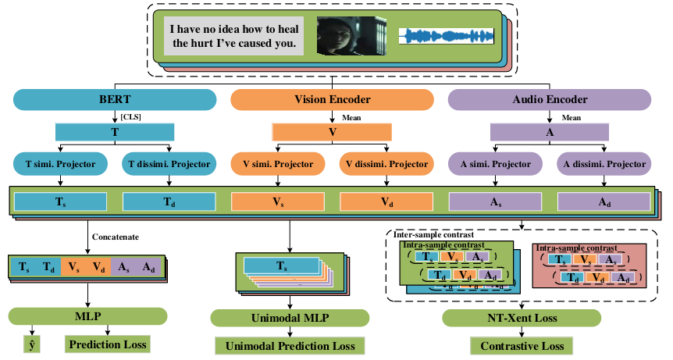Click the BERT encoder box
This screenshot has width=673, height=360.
coord(115,100)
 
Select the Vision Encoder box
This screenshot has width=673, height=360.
coord(332,100)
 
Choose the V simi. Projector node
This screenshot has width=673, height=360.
coord(278,165)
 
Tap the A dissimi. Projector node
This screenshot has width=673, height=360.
coord(604,165)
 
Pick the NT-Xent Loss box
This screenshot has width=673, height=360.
coord(522,318)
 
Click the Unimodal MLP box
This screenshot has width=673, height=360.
coord(290,318)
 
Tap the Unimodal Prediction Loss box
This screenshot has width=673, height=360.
coord(290,346)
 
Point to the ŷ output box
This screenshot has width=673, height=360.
coord(31,344)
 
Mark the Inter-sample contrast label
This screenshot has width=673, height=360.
coord(434,234)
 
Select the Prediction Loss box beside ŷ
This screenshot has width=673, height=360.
coord(107,344)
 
